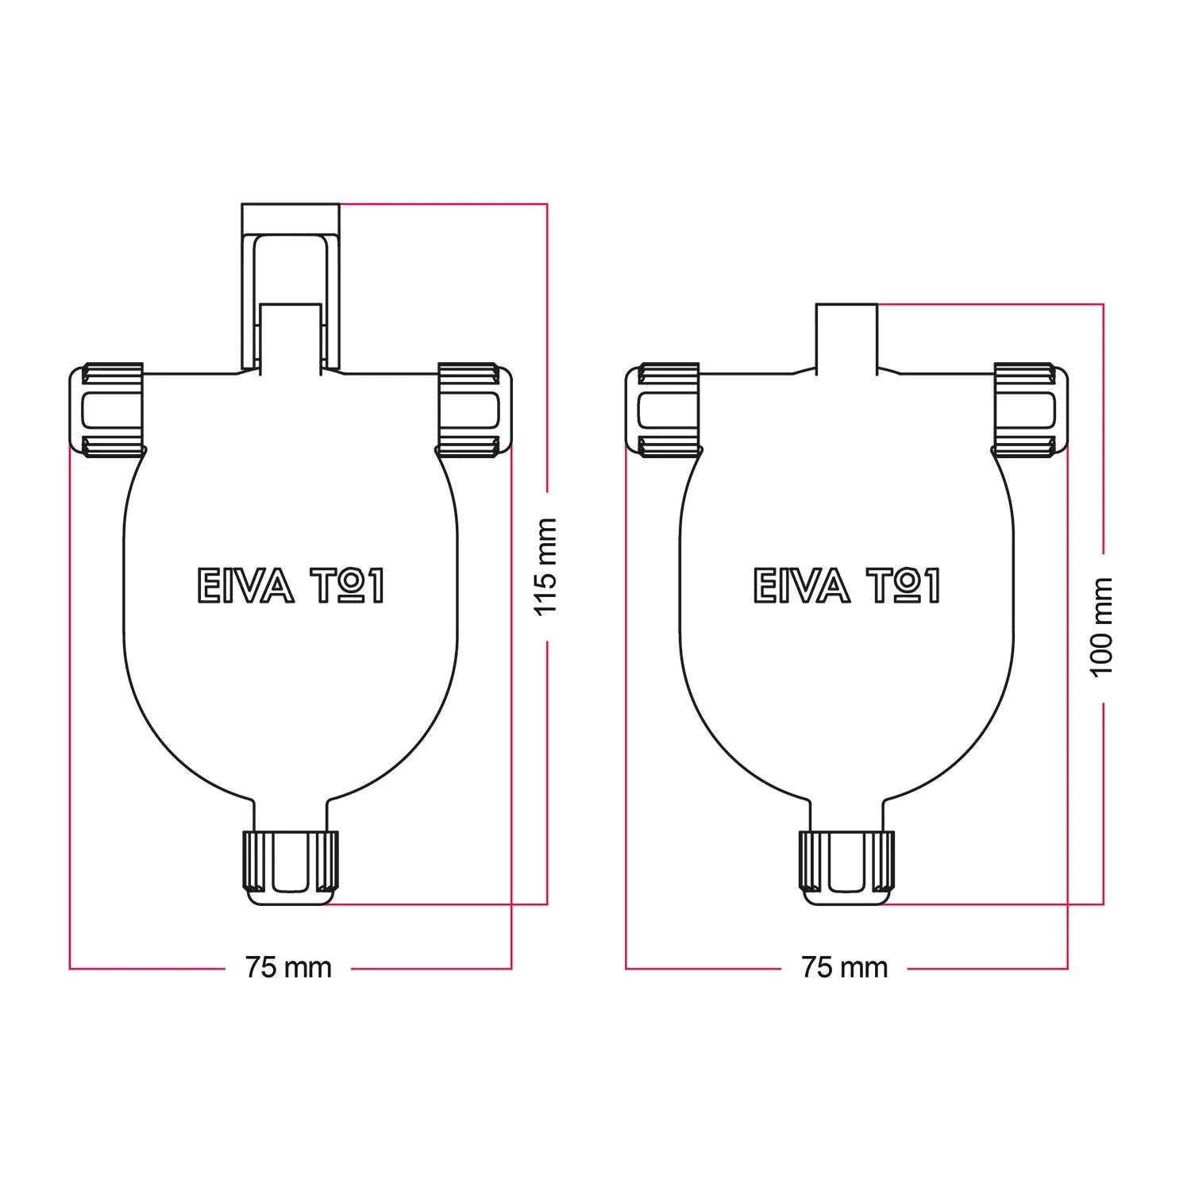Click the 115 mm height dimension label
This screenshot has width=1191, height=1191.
[546, 567]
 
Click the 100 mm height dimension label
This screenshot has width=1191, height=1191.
[1103, 627]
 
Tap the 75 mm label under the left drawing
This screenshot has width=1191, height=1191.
[288, 967]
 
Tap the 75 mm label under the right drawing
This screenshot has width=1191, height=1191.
[844, 967]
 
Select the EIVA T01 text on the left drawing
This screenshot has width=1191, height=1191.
[290, 586]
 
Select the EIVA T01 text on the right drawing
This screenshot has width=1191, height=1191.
[846, 586]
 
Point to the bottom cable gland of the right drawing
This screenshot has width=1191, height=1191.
[846, 868]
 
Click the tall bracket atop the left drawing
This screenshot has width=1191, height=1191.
[291, 287]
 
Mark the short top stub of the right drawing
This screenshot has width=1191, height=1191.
[847, 337]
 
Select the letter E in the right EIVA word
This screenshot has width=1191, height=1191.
[763, 586]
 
